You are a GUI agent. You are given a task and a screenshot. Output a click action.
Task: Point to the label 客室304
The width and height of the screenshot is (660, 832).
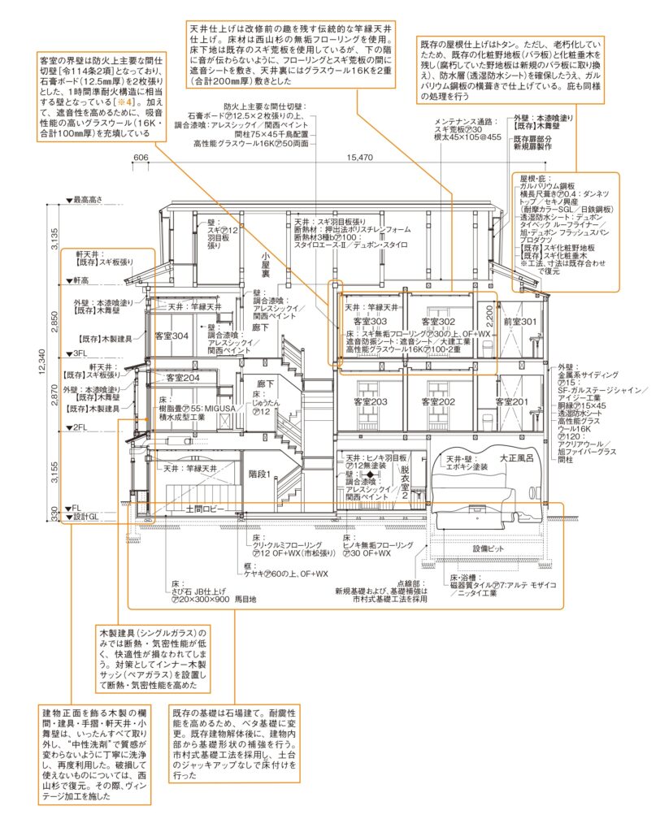coord(172,336)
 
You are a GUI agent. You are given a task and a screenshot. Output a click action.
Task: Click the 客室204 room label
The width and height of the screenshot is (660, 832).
coord(183,378)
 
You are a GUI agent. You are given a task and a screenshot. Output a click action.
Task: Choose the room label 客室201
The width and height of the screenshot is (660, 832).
coord(509,402)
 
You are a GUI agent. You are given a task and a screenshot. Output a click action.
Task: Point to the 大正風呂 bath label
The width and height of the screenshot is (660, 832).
coord(520,458)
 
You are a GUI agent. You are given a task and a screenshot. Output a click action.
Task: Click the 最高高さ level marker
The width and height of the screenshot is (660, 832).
coord(90,199)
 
